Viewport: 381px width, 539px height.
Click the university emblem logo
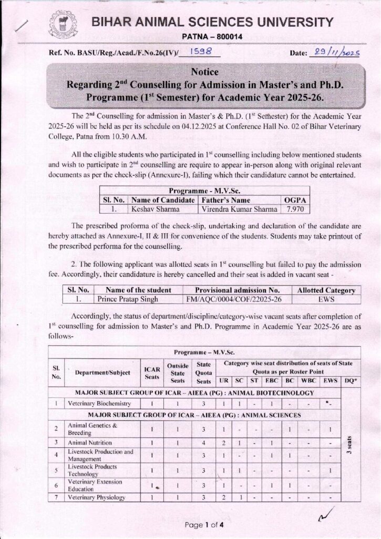[x=63, y=26]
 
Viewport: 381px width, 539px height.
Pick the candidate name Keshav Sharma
[x=152, y=208]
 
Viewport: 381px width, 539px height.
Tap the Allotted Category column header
[x=326, y=290]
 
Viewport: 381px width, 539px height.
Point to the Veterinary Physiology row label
[x=96, y=497]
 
